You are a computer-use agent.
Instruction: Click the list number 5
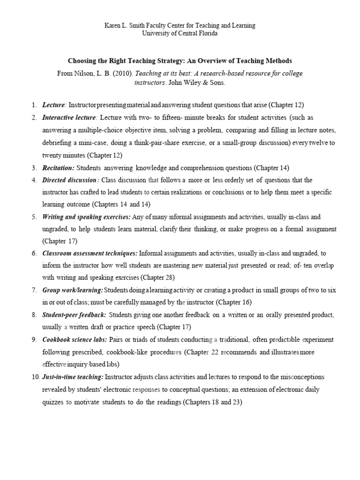34,217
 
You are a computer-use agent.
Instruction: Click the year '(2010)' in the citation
113,74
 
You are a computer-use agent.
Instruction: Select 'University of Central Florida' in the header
180,34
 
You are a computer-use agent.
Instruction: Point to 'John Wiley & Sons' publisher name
199,82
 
